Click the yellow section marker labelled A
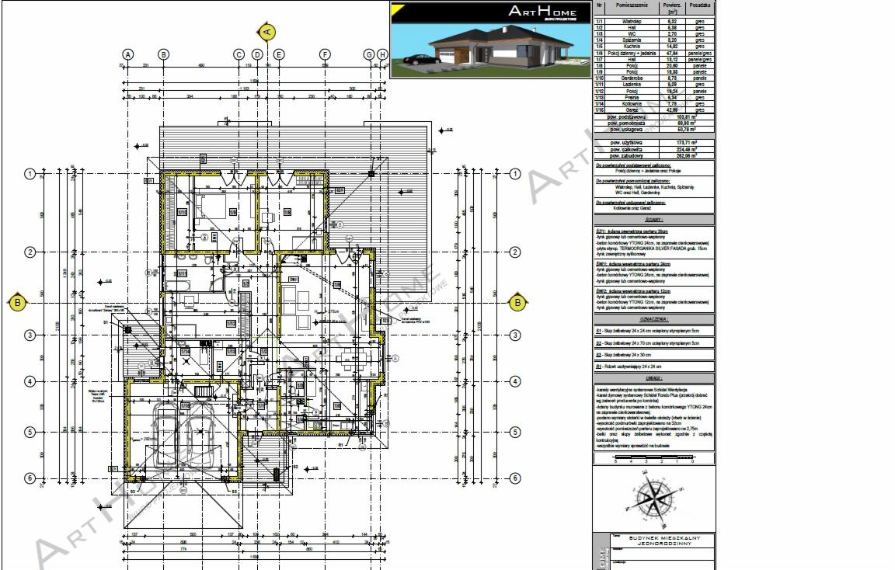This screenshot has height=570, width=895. pyautogui.click(x=266, y=31)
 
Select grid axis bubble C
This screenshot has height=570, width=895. pyautogui.click(x=239, y=54)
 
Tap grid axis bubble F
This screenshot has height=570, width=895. pyautogui.click(x=326, y=54)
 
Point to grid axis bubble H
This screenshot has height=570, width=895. pyautogui.click(x=382, y=54)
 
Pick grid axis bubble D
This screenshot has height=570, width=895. pyautogui.click(x=257, y=54)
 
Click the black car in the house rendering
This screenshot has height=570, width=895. pyautogui.click(x=419, y=60)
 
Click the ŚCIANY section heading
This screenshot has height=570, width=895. pyautogui.click(x=653, y=220)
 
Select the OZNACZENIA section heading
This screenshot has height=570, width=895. pyautogui.click(x=653, y=318)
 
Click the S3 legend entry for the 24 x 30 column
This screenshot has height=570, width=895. pyautogui.click(x=629, y=354)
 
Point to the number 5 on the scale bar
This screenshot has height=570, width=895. pyautogui.click(x=615, y=461)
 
